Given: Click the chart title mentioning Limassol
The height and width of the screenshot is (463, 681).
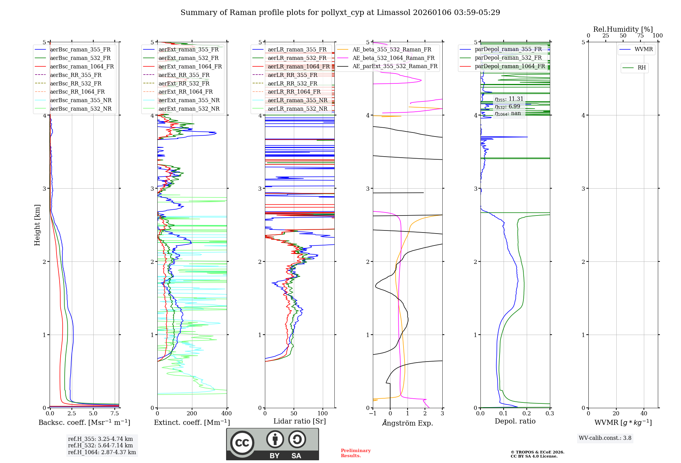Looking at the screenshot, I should tap(340, 13).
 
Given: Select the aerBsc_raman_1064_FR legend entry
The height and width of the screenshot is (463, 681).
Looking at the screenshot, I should tap(82, 66).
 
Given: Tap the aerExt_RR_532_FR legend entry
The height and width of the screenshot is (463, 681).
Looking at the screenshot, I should tap(184, 83).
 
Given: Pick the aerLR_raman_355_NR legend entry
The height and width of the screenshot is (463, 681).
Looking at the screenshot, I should tap(297, 100).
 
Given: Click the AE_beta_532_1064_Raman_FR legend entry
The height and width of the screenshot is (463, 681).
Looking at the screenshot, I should tap(393, 58).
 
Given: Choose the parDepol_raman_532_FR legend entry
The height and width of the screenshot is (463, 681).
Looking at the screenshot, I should tap(508, 58).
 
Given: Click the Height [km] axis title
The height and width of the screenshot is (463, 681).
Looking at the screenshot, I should tap(37, 225).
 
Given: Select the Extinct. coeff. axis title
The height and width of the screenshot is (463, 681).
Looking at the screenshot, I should tap(192, 422).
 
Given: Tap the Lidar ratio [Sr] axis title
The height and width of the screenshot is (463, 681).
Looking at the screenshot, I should tap(300, 421).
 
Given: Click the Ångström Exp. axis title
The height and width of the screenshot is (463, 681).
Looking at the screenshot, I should tap(408, 423).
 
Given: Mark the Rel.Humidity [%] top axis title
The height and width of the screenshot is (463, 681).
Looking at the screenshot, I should tap(623, 29).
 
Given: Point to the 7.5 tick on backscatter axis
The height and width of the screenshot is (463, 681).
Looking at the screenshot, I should tap(115, 413).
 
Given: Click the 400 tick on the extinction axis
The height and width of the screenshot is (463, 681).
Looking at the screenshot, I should tap(227, 413).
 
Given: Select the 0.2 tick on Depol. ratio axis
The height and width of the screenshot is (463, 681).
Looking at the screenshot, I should tap(527, 413).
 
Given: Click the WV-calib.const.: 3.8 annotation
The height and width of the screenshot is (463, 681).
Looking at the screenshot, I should tap(605, 438).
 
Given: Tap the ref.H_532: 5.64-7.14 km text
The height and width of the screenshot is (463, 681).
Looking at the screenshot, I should tap(100, 446).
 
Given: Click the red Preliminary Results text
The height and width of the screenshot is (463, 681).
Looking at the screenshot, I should tap(355, 453).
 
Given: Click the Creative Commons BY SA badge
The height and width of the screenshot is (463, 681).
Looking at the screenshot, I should tap(272, 444).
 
